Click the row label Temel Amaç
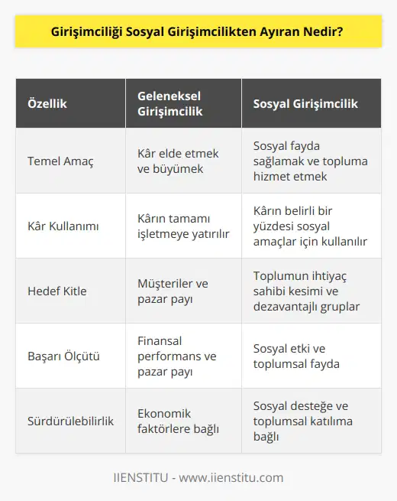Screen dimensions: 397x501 [62, 161]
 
